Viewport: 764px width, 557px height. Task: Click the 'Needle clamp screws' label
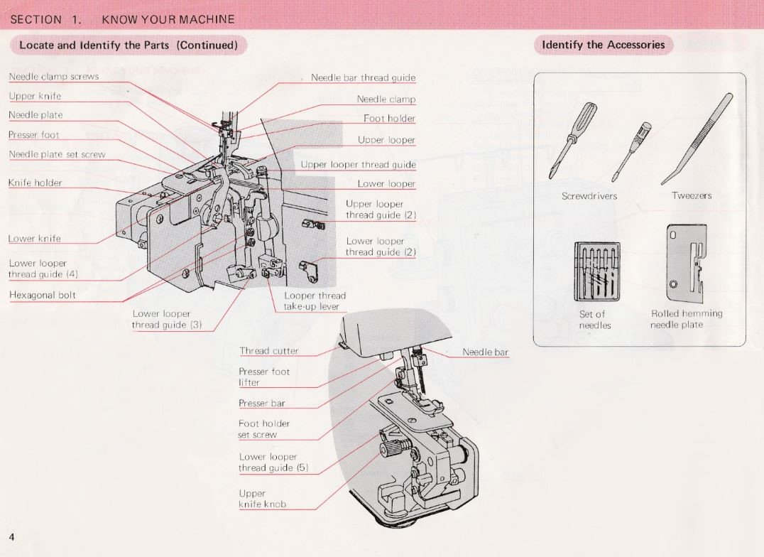[x=54, y=77]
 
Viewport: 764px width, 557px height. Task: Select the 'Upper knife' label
[x=35, y=96]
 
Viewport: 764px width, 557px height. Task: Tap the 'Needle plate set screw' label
[x=57, y=154]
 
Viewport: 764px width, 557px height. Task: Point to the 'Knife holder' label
[x=36, y=183]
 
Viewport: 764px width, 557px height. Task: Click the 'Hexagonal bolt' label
[x=43, y=295]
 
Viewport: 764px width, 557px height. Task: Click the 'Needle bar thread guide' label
[x=363, y=77]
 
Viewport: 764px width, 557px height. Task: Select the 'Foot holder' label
[x=389, y=119]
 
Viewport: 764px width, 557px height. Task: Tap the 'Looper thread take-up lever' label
[x=315, y=301]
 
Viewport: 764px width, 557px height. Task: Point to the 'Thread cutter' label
[x=269, y=350]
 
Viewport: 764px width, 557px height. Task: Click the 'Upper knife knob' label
[x=263, y=499]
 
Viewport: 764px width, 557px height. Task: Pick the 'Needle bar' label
[x=485, y=352]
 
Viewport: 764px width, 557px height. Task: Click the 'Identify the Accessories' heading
[x=604, y=45]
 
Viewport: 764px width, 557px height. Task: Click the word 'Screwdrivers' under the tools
[x=589, y=195]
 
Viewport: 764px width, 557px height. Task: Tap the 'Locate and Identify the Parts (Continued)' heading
[x=128, y=45]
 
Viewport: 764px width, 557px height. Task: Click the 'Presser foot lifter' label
[x=264, y=377]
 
